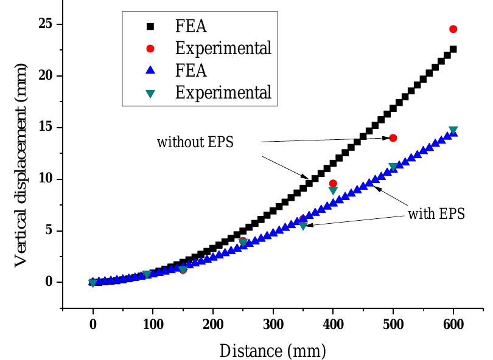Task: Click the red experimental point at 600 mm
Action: coord(453,29)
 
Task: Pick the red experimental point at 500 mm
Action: coord(393,138)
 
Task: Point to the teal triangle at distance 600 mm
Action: coord(453,130)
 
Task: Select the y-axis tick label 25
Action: coord(47,24)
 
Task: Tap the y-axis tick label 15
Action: coord(47,128)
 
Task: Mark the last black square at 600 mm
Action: coord(453,49)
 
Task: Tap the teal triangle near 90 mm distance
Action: coord(147,274)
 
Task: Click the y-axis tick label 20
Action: coord(47,76)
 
